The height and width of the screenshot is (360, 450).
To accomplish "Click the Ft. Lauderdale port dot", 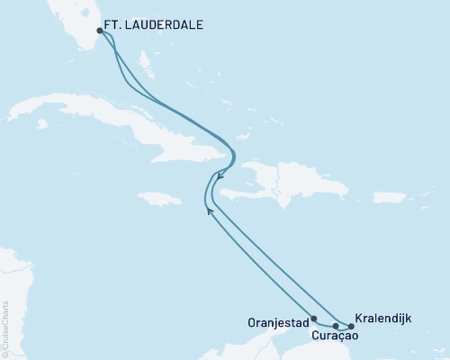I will [x=100, y=31].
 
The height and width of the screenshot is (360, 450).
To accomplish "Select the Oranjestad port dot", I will [x=313, y=318].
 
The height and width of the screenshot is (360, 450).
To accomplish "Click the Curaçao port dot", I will [x=335, y=326].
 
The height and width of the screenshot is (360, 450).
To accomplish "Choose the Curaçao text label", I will [x=336, y=336].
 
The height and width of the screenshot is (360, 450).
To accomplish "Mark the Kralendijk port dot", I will [x=350, y=326].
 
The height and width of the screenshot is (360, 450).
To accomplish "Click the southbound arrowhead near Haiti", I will [x=220, y=177].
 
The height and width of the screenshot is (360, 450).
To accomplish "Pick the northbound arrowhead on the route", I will [x=209, y=211].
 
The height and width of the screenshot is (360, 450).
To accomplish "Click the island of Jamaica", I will [x=161, y=196].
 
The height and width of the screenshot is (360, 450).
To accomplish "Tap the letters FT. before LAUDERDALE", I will [x=115, y=29].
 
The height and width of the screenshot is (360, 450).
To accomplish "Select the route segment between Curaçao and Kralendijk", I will [x=343, y=326].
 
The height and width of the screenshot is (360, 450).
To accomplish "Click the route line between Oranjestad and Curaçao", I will [x=324, y=322].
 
